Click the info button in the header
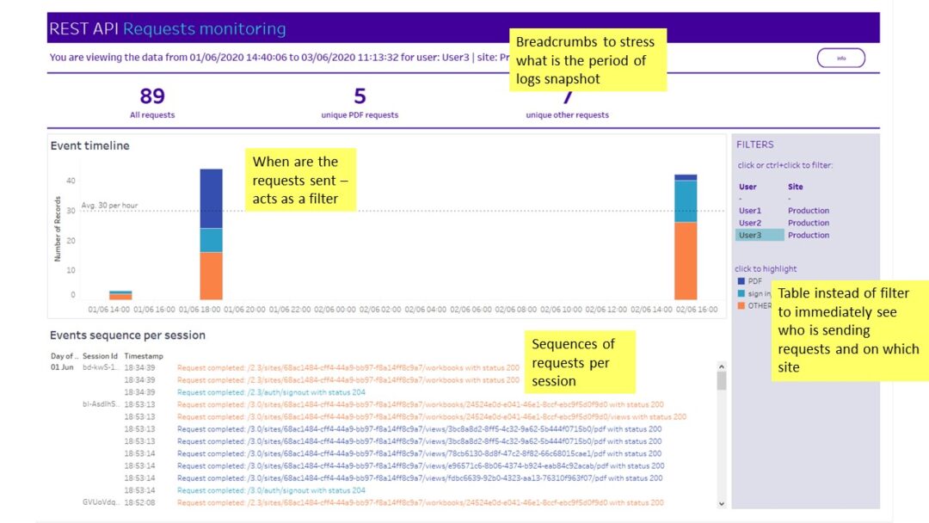[840, 58]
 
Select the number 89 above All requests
[151, 96]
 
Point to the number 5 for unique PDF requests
[360, 96]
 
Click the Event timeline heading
[89, 146]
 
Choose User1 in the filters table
[750, 211]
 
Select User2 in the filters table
[750, 223]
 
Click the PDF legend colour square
[741, 281]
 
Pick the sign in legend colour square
[741, 293]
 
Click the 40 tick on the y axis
[71, 181]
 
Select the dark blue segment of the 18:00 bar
[212, 198]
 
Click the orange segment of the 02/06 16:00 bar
[686, 261]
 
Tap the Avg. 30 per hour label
[109, 206]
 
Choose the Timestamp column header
[144, 355]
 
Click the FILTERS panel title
[755, 145]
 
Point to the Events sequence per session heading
[127, 335]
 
